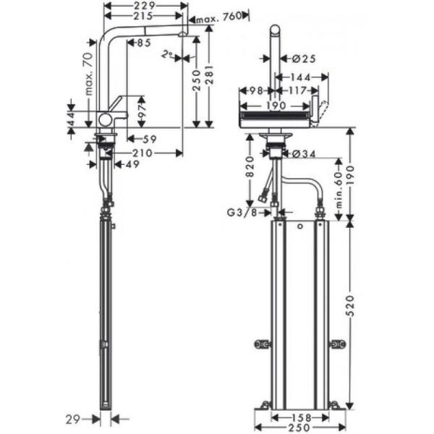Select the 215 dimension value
point(142,16)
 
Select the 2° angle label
point(169,54)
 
